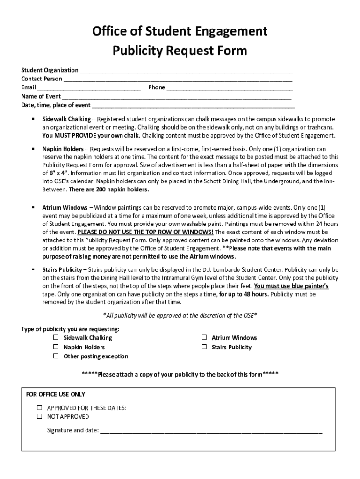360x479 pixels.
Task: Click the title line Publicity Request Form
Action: click(x=180, y=51)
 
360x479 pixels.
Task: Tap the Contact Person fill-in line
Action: click(x=178, y=80)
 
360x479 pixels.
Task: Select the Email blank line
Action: click(x=89, y=88)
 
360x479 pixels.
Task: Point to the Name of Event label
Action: click(x=41, y=96)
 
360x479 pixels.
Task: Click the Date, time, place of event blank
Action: click(x=193, y=106)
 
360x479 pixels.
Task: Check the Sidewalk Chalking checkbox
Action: click(x=56, y=338)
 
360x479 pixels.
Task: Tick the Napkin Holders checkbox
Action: click(x=56, y=347)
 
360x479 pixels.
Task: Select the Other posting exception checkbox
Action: click(x=56, y=356)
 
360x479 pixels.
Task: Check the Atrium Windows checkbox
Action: click(x=204, y=338)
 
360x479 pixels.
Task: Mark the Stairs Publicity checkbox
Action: click(x=204, y=347)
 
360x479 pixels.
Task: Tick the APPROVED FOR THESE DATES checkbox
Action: click(x=40, y=408)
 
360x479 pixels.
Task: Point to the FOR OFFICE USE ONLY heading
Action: click(x=56, y=394)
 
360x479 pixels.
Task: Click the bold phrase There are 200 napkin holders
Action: click(x=109, y=189)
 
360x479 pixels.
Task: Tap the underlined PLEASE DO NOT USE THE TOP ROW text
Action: click(x=145, y=232)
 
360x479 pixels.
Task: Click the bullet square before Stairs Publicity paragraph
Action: click(x=33, y=270)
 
